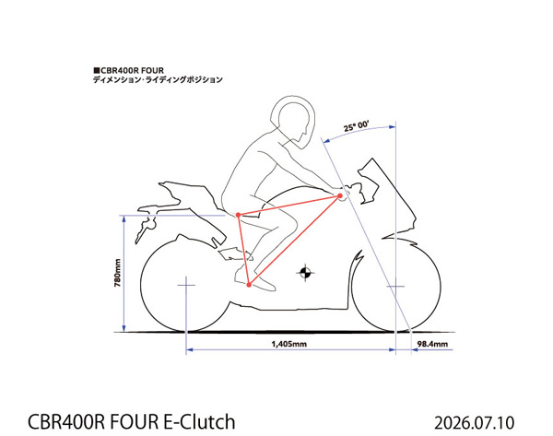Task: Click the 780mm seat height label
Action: (118, 273)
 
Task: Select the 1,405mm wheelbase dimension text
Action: (288, 344)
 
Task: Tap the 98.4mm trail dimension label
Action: (432, 344)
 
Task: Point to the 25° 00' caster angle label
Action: (356, 125)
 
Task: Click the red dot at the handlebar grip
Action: (340, 195)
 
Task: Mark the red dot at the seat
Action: (239, 215)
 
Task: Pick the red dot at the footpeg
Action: (249, 285)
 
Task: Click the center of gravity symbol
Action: (305, 272)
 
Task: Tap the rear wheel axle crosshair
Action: (186, 285)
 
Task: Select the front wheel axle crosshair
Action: (395, 286)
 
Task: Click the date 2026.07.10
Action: (475, 423)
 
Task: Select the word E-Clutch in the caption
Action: (200, 422)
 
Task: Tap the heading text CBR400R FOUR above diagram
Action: (128, 71)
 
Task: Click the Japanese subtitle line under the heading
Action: (158, 79)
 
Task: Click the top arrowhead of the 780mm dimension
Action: (124, 218)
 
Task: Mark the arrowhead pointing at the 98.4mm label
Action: (415, 350)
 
